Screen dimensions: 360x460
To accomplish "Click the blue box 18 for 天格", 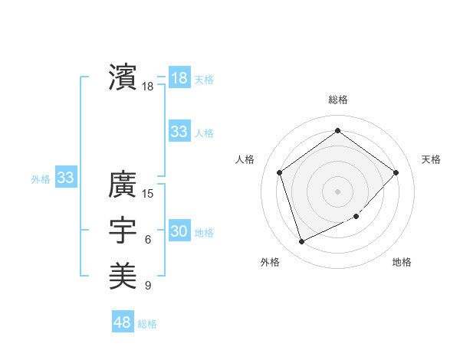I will pos(179,78).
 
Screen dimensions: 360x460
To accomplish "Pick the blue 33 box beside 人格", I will pos(179,132).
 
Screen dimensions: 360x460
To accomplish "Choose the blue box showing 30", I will pos(179,231).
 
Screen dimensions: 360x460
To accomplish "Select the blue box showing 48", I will pos(123,322).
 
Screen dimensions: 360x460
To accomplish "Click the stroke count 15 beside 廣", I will pos(148,193).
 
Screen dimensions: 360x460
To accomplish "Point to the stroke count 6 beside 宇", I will pos(148,240).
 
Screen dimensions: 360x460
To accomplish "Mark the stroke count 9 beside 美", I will pos(148,286).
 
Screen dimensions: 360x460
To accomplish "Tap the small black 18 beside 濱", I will pos(148,87).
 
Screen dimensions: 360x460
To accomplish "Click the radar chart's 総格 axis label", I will pos(338,100).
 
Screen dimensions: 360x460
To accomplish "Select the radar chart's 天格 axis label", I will pos(431,159).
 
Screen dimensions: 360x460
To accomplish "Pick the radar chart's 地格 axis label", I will pos(402,262).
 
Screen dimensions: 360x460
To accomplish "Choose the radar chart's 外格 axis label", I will pos(270,262).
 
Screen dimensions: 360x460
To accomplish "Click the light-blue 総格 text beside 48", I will pos(147,324).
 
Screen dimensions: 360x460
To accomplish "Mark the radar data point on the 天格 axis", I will pos(396,172).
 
